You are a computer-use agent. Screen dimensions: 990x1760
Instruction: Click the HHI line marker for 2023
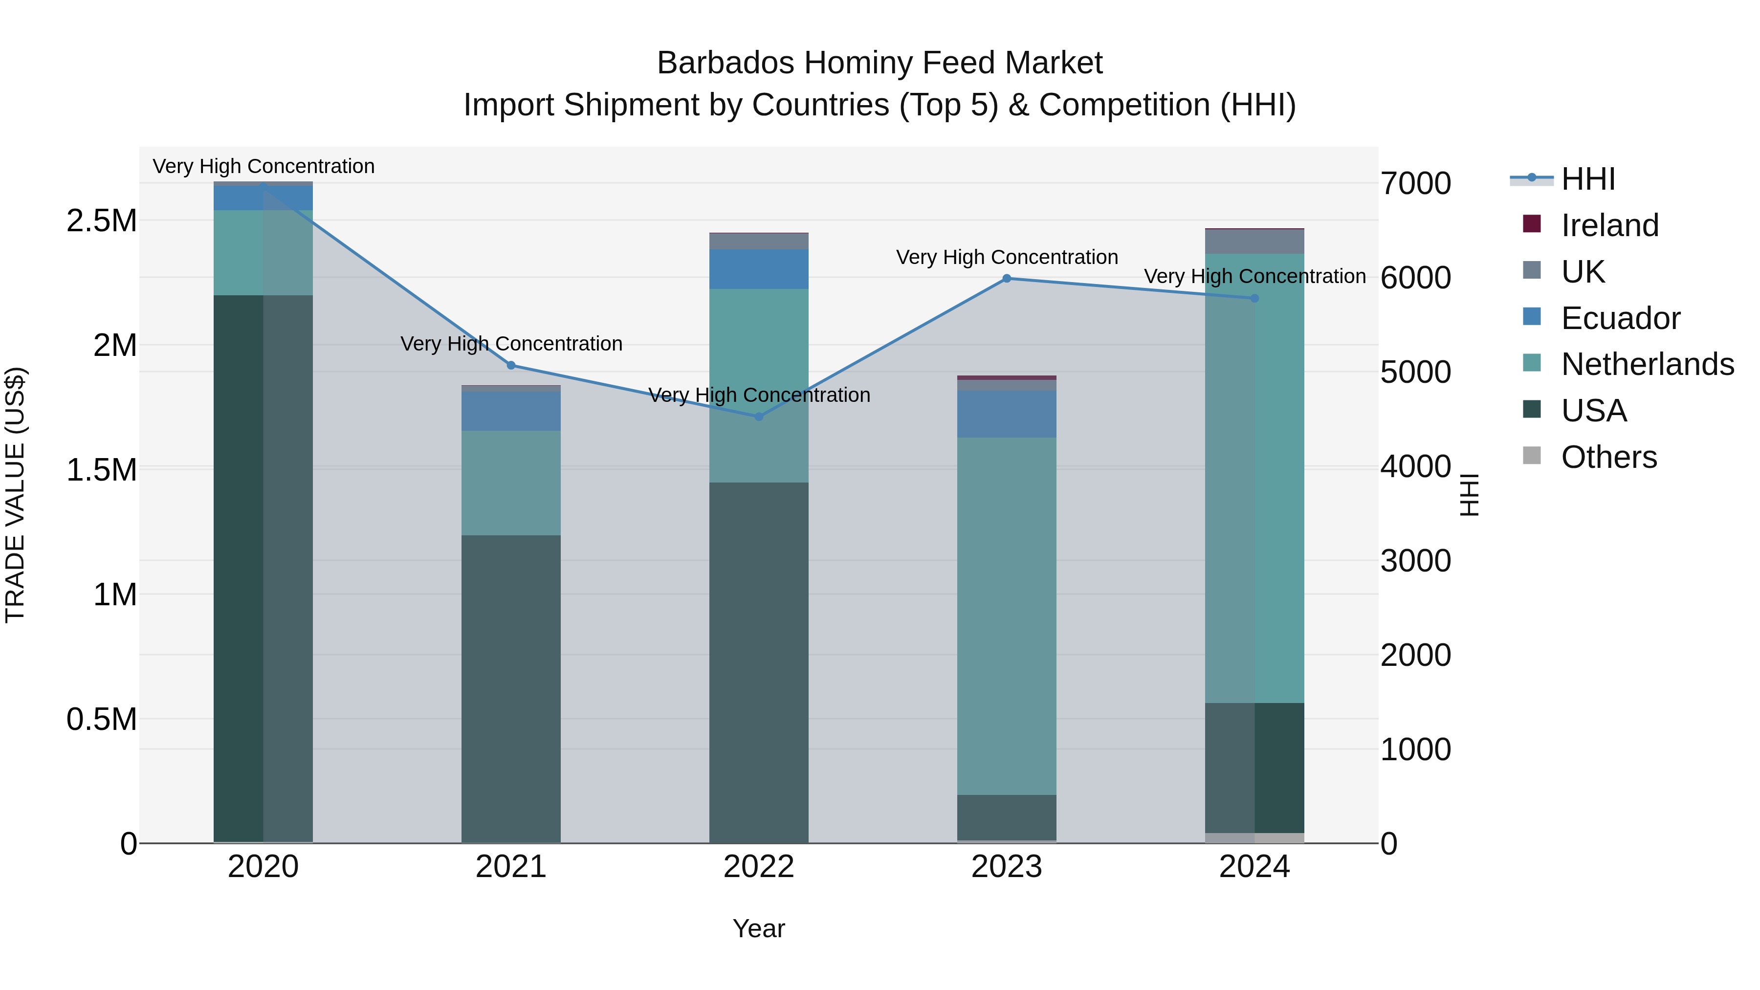pos(1007,279)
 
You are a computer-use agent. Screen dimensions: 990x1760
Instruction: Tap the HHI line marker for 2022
pos(758,417)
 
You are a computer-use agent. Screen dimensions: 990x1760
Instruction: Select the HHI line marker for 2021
pos(511,366)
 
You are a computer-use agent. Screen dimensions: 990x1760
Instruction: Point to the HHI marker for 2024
pos(1254,299)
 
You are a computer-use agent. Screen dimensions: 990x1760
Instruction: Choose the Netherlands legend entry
pos(1647,364)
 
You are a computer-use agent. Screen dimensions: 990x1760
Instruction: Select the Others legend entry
pos(1608,457)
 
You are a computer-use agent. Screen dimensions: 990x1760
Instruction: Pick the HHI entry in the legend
pos(1588,179)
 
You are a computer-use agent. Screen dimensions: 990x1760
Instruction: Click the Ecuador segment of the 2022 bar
pos(758,269)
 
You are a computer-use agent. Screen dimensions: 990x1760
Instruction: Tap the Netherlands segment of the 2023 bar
pos(1007,615)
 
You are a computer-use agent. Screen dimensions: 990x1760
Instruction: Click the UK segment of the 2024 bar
pos(1254,242)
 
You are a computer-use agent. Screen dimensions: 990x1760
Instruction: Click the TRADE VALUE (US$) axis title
pos(15,495)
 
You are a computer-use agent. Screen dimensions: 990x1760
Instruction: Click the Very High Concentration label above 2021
pos(511,344)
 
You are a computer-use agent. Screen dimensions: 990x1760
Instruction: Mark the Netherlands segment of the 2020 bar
pos(263,253)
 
